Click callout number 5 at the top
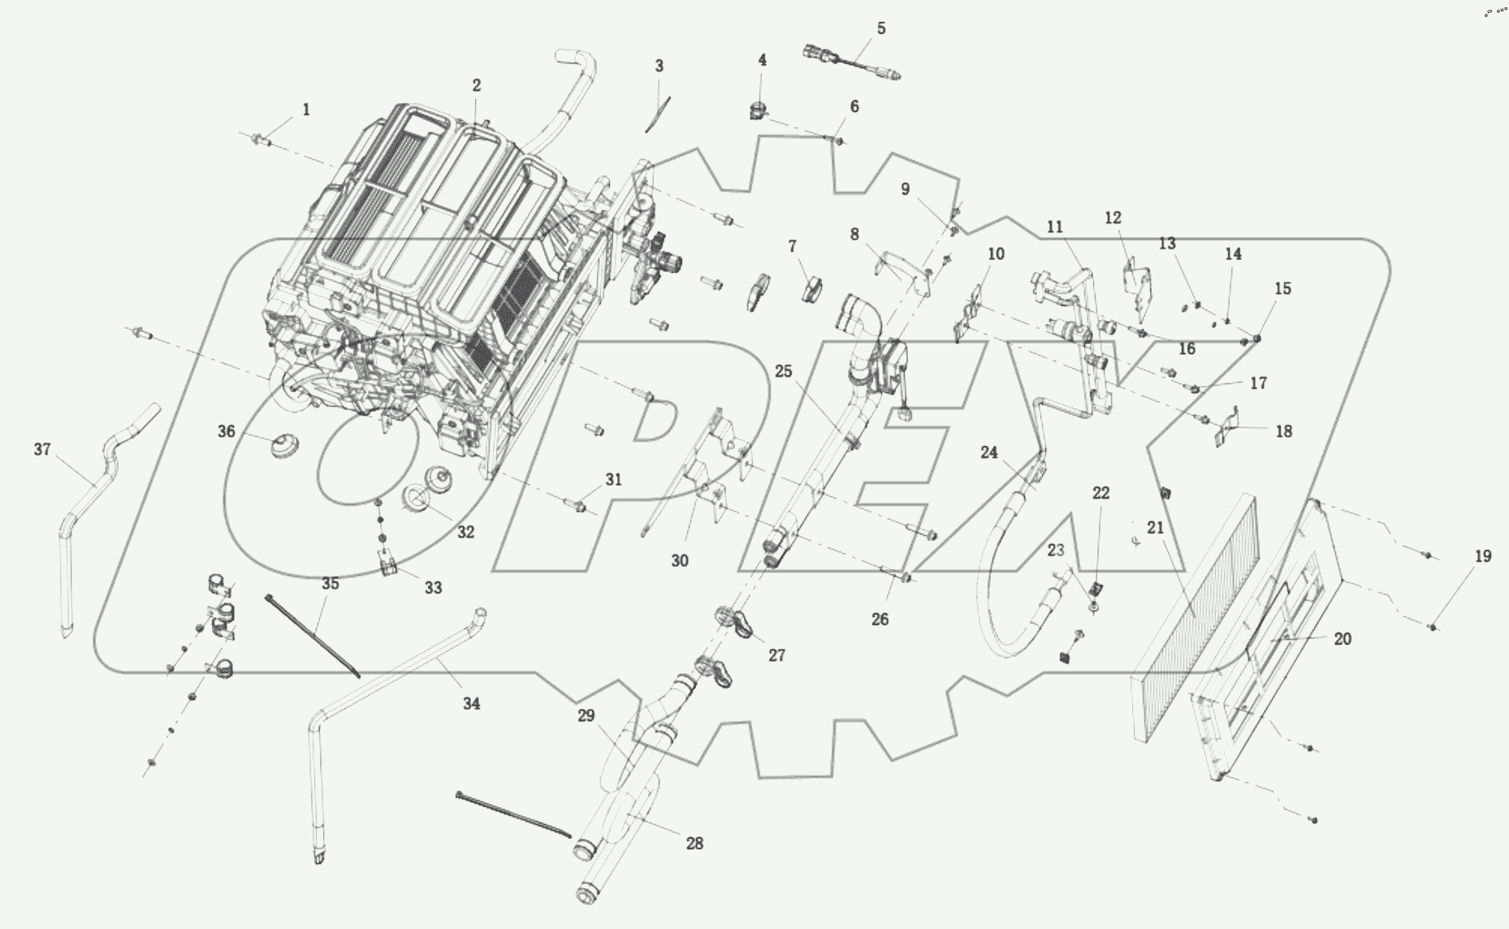(x=881, y=28)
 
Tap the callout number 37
(x=42, y=449)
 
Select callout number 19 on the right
(x=1483, y=556)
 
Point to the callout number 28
(x=694, y=844)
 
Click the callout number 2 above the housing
(x=477, y=85)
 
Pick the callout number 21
(x=1156, y=528)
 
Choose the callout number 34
(x=472, y=704)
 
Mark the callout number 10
(x=996, y=253)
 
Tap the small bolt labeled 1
(x=262, y=142)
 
